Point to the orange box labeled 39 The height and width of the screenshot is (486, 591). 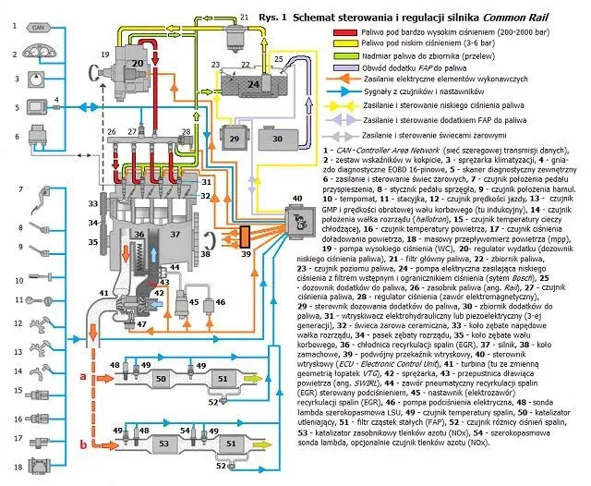(x=246, y=236)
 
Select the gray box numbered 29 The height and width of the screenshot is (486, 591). (x=234, y=137)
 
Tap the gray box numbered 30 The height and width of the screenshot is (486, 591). (x=276, y=137)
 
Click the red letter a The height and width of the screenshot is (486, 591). (x=81, y=376)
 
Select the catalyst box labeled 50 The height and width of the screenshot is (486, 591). (x=162, y=378)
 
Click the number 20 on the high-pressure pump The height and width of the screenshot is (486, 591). (x=137, y=62)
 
